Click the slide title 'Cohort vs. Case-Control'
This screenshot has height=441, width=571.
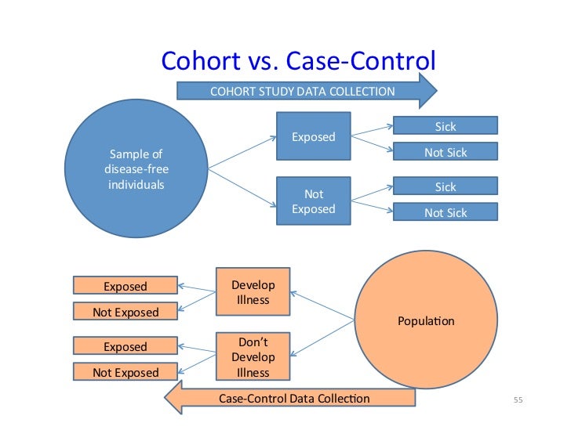(x=297, y=61)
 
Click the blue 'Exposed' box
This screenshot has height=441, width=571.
(x=313, y=137)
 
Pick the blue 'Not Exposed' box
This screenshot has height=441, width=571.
(x=313, y=201)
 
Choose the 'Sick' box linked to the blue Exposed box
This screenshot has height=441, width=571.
(x=445, y=126)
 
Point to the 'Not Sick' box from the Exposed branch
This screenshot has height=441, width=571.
(x=445, y=152)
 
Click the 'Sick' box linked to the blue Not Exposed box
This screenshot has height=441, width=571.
(x=445, y=186)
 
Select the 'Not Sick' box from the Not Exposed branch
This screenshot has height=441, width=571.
(x=445, y=212)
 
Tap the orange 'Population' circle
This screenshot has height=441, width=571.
(x=426, y=321)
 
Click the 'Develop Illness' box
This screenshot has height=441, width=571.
(x=253, y=292)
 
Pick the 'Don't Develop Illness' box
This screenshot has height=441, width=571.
(x=253, y=357)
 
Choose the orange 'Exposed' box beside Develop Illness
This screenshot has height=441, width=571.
(x=125, y=286)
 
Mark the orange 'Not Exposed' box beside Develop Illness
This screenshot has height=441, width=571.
(x=125, y=312)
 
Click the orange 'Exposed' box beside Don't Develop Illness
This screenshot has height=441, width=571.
(x=125, y=346)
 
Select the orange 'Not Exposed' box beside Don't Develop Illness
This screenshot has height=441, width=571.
(x=125, y=372)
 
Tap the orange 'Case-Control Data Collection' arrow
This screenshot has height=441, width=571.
(x=294, y=399)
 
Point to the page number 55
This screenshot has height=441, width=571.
(x=518, y=401)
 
